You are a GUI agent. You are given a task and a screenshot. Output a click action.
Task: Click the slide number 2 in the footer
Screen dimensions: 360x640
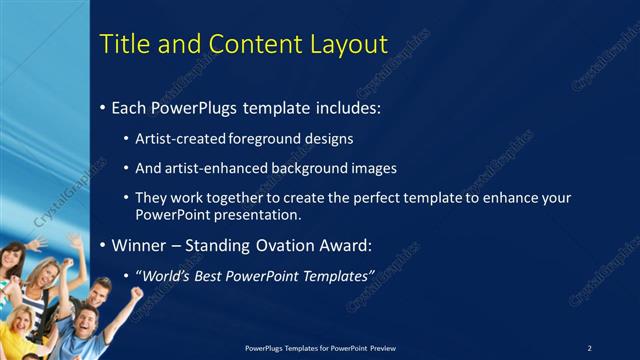click(x=589, y=348)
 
